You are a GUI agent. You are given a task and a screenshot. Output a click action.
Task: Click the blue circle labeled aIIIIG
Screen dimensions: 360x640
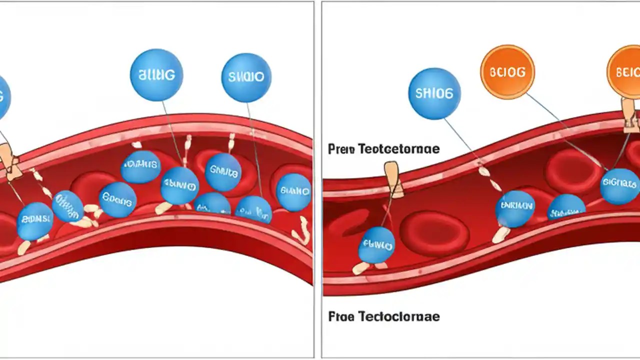click(156, 75)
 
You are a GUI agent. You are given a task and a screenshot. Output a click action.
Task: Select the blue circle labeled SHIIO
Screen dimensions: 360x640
click(246, 78)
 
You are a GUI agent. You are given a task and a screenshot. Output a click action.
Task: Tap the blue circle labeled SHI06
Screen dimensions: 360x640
click(434, 94)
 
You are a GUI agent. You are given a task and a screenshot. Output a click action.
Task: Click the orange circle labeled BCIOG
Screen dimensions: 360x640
click(507, 72)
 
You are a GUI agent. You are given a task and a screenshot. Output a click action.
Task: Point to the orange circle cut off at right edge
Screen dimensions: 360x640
click(625, 72)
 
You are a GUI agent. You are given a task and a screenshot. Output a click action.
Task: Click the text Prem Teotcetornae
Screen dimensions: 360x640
click(383, 149)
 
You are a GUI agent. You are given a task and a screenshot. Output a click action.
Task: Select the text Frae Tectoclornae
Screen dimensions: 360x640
click(383, 316)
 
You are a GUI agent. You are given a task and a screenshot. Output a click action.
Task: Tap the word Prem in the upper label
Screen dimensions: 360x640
click(340, 149)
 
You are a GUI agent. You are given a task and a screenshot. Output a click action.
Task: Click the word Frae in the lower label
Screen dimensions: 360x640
click(340, 316)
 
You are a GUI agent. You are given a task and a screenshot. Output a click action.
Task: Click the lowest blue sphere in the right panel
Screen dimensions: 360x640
click(376, 245)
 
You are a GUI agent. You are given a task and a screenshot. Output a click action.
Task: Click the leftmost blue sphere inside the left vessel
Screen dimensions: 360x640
click(34, 220)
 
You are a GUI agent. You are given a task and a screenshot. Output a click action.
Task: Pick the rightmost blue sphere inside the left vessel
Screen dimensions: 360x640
click(294, 192)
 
